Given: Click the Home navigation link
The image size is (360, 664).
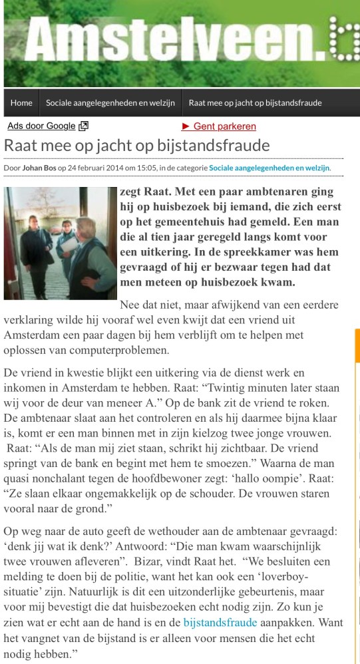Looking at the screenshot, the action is pyautogui.click(x=21, y=102).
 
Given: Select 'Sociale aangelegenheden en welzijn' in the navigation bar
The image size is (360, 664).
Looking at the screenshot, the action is pyautogui.click(x=110, y=102).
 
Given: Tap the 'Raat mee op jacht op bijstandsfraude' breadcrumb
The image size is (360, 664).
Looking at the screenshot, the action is pyautogui.click(x=255, y=102).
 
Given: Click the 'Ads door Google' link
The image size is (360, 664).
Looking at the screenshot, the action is pyautogui.click(x=41, y=126).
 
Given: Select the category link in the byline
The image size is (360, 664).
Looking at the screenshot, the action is pyautogui.click(x=270, y=168).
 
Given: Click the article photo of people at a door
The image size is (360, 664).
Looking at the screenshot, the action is pyautogui.click(x=60, y=243).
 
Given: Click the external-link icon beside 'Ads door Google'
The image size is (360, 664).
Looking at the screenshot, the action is pyautogui.click(x=84, y=126).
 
